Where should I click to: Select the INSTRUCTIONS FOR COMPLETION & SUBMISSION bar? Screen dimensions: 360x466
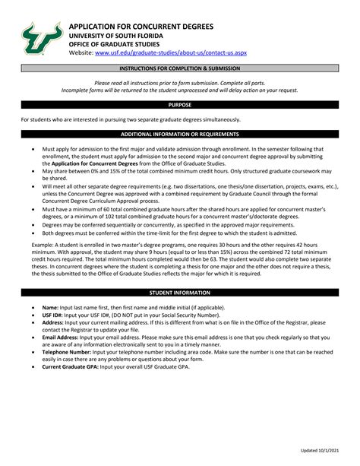click(180, 68)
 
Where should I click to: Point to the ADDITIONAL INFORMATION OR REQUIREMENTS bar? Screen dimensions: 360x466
click(180, 134)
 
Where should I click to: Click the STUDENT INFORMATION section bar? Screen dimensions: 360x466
click(180, 292)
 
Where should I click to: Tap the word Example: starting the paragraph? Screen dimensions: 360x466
click(33, 246)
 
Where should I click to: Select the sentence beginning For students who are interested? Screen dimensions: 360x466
click(130, 119)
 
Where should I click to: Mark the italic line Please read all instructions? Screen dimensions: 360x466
click(180, 82)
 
